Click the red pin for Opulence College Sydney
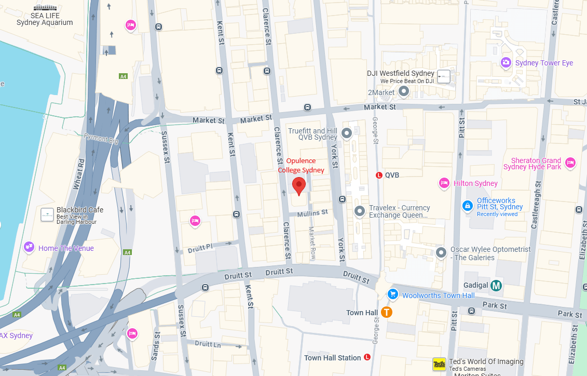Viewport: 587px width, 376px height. tap(298, 185)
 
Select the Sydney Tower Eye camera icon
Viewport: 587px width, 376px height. tap(506, 62)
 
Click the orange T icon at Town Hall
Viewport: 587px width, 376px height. tap(386, 312)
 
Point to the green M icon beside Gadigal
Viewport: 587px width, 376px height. tap(497, 285)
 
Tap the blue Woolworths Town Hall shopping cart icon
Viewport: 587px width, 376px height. tap(393, 294)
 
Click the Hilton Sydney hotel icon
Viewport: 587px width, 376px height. tap(444, 183)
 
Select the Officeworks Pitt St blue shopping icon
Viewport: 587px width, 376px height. tap(468, 206)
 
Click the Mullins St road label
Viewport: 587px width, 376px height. tap(312, 212)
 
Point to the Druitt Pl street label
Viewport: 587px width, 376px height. tap(202, 248)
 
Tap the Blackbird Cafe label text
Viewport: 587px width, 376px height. tap(80, 210)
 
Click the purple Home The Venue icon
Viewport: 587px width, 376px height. tap(29, 247)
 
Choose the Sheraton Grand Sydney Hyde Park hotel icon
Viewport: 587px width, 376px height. tap(570, 163)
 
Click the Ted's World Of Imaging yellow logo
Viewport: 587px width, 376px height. tap(439, 365)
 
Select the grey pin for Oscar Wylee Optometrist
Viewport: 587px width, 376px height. tap(441, 253)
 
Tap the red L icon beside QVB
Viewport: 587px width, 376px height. tap(379, 175)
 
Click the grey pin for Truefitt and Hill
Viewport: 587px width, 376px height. tap(347, 133)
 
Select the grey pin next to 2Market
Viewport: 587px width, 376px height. tap(404, 91)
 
